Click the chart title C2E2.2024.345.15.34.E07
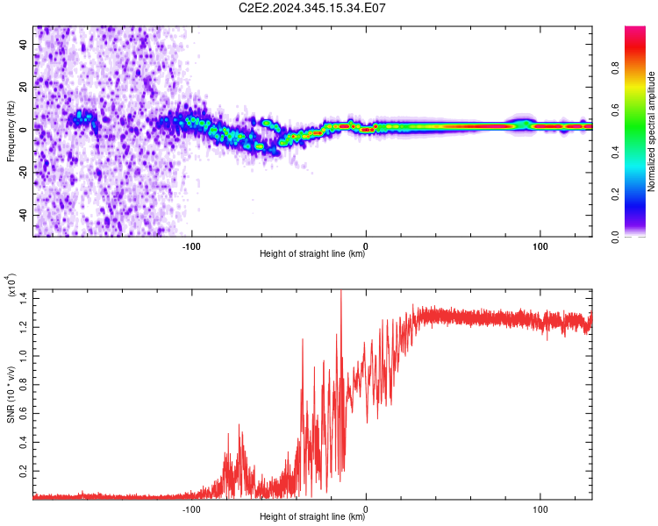(313, 8)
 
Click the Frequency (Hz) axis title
(11, 131)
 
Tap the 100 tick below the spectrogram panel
(540, 245)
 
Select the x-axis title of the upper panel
(313, 255)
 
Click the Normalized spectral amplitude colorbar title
(652, 131)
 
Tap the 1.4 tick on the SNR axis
(22, 297)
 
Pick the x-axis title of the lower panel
(313, 517)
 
